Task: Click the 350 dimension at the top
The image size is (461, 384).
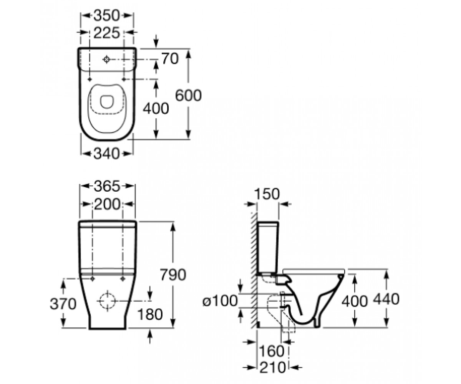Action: coord(106,16)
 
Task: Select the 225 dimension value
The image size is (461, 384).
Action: coord(107,33)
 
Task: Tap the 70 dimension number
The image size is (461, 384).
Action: coord(170,59)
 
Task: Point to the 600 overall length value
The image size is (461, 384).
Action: coord(188,96)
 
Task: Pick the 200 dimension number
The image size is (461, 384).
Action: coord(107,204)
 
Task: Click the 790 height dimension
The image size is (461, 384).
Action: coord(173,275)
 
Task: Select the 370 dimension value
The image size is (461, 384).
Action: coord(63,304)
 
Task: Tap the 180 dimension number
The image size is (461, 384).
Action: coord(150,314)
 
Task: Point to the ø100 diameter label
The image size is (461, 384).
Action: coord(220,301)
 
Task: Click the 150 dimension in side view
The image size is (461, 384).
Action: coord(267,194)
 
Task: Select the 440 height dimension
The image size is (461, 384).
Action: coord(386,299)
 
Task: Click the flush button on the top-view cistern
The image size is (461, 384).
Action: coord(106,60)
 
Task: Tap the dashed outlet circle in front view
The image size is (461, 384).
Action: coord(108,301)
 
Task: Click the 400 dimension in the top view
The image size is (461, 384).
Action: coord(156,109)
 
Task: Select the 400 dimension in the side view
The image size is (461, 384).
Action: coord(354,301)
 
